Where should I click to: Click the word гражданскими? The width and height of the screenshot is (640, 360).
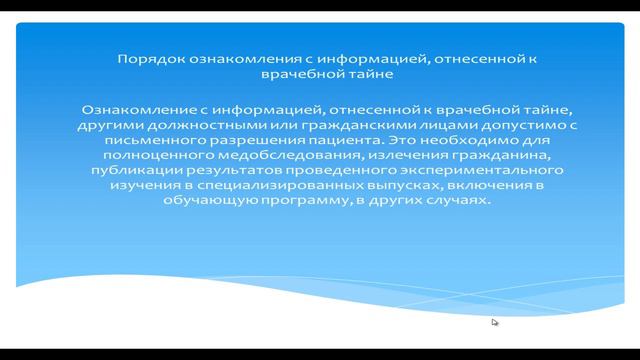pyautogui.click(x=335, y=125)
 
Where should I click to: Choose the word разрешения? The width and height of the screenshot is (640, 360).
pyautogui.click(x=241, y=140)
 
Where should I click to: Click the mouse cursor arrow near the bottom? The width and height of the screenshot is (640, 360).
pyautogui.click(x=494, y=321)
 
